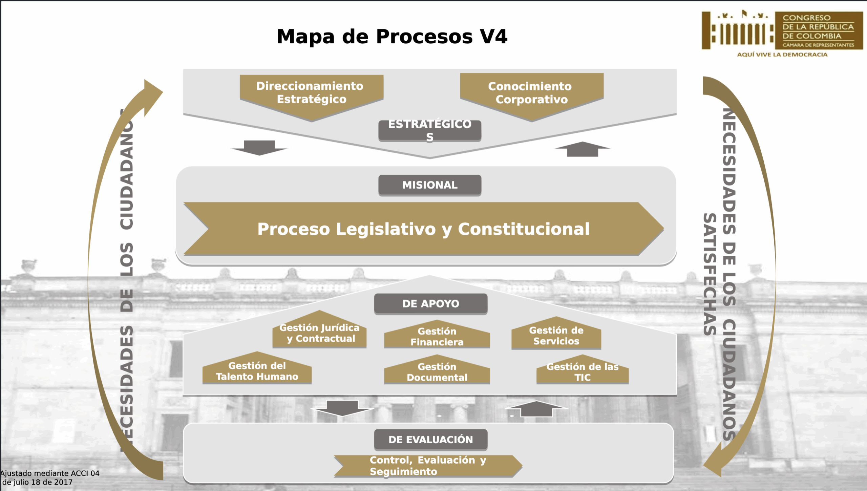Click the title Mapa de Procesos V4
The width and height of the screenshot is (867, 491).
(x=392, y=37)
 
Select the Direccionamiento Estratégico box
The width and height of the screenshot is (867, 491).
(x=311, y=93)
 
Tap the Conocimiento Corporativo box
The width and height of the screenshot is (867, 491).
(x=531, y=93)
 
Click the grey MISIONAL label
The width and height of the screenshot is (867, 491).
(x=429, y=185)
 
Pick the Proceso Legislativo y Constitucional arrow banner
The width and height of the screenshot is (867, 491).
(x=423, y=229)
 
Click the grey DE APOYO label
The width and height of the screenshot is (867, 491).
(x=430, y=303)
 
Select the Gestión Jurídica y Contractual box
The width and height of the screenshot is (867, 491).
(x=319, y=333)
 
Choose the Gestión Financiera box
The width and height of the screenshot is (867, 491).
(x=437, y=337)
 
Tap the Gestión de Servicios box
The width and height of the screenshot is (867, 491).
(x=556, y=336)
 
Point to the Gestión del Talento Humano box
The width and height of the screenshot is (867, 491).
(x=257, y=371)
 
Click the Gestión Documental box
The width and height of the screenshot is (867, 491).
(x=437, y=372)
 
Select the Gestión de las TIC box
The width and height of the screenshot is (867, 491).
(x=582, y=372)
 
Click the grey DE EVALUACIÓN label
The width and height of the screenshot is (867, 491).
(x=430, y=440)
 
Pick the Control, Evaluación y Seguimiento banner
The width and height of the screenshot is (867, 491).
(x=427, y=466)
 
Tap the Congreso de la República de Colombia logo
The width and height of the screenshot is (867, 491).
(x=782, y=30)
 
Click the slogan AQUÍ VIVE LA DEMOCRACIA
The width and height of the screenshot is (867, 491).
(x=782, y=55)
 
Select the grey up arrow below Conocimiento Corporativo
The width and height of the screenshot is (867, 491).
(x=583, y=149)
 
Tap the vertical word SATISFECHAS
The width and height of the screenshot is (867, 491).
(x=710, y=274)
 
